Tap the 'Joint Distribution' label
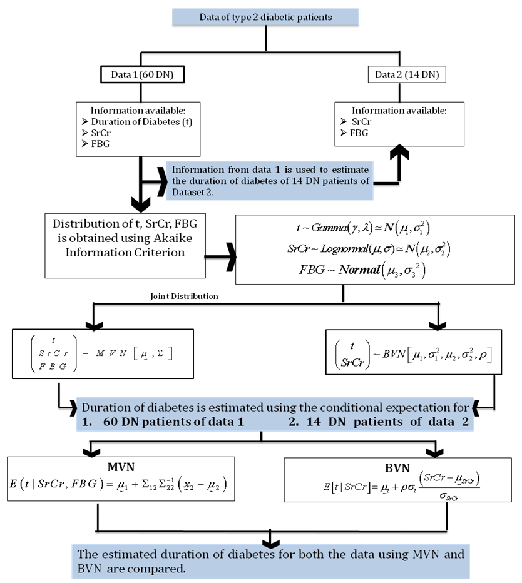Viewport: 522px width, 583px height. pyautogui.click(x=185, y=296)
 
